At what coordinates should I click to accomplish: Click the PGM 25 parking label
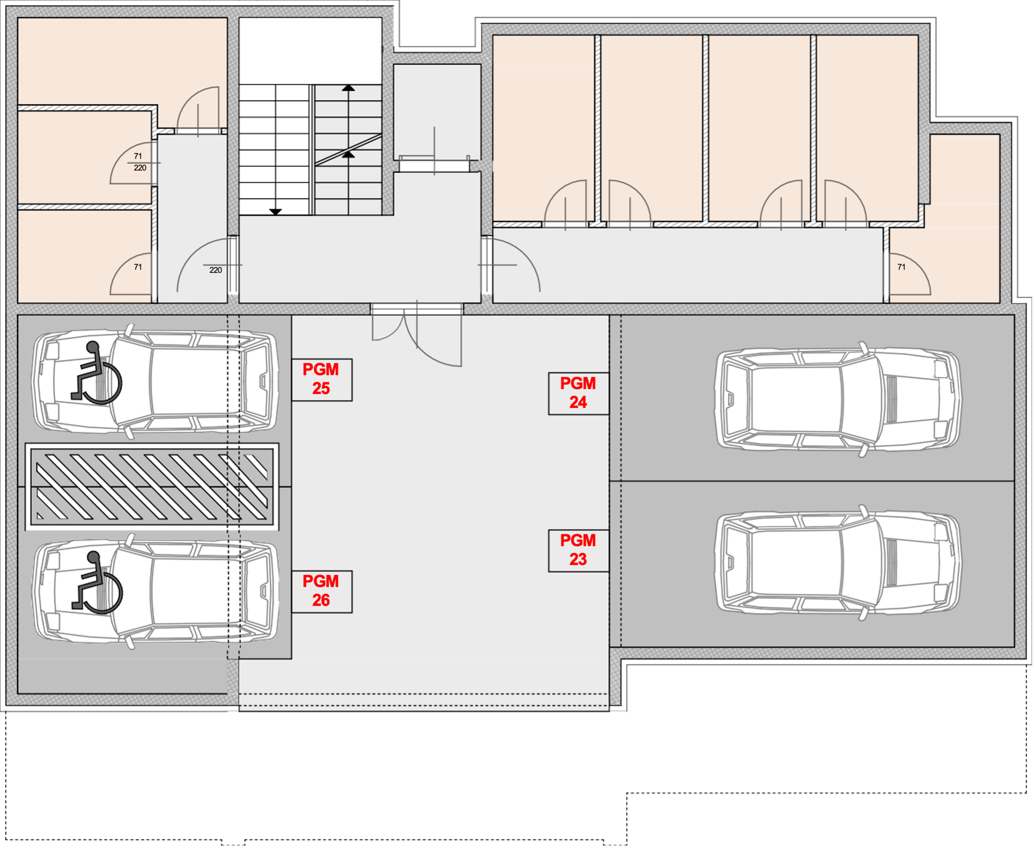coord(322,380)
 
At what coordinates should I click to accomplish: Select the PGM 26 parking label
coord(322,592)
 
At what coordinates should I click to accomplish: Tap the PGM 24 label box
coord(579,394)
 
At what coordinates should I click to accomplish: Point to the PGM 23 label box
coord(579,551)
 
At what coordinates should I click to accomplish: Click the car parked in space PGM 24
coord(838,399)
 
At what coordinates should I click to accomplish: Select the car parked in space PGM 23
coord(838,562)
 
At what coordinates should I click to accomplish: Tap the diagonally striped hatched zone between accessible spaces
coord(152,486)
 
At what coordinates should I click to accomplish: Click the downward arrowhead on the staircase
coord(276,212)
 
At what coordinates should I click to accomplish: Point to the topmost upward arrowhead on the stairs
coord(349,88)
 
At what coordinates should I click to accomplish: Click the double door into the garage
coord(417,335)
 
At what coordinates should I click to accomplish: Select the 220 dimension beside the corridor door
coord(216,270)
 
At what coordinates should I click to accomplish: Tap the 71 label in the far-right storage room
coord(902,267)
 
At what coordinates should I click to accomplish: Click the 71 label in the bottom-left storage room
coord(138,267)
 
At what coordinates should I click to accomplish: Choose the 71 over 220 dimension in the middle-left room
coord(140,162)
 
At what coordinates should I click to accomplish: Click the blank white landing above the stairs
coord(310,51)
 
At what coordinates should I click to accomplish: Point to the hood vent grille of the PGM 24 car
coord(891,399)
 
